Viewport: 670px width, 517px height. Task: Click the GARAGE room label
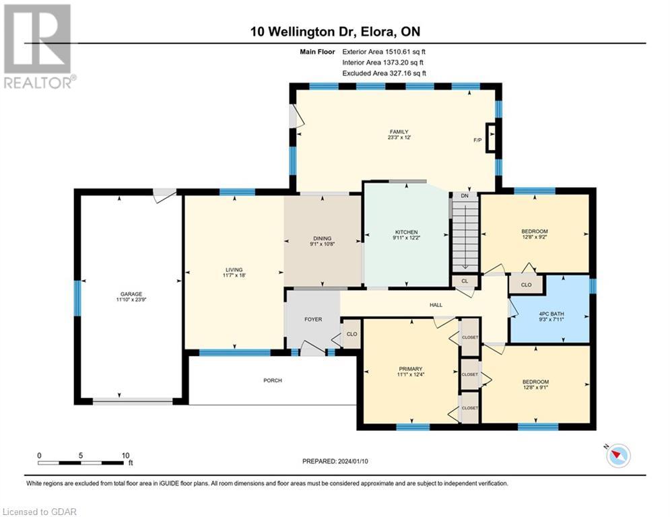point(131,294)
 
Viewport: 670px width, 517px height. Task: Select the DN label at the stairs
point(465,196)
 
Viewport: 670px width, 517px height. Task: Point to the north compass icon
point(618,456)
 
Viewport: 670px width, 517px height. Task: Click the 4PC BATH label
point(551,314)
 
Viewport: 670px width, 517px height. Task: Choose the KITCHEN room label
point(406,232)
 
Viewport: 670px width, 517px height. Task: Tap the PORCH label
point(273,380)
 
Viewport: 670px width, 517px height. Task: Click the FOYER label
point(313,319)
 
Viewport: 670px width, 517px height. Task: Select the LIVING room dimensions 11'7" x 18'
point(234,275)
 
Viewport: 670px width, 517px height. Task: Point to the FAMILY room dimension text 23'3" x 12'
point(399,137)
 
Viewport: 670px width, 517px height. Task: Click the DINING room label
point(322,238)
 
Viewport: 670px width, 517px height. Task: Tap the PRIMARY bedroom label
point(411,369)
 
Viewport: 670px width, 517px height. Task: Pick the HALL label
point(436,305)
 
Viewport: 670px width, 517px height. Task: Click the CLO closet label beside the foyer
point(351,334)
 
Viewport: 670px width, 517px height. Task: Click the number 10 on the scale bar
point(125,456)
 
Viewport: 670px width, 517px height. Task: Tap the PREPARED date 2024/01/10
point(353,461)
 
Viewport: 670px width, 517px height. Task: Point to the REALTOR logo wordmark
point(40,82)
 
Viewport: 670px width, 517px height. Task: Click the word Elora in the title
point(376,32)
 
